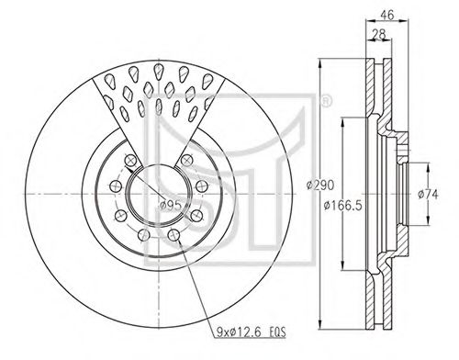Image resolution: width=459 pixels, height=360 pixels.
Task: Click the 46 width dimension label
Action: [x=387, y=15]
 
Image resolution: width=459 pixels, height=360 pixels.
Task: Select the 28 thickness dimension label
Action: [x=379, y=34]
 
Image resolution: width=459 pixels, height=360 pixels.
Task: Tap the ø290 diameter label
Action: [x=320, y=186]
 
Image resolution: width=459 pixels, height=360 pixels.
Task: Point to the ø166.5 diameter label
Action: [x=343, y=206]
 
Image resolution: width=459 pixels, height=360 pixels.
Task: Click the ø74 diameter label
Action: [x=429, y=194]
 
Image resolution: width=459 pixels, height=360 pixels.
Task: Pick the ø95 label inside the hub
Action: [x=171, y=205]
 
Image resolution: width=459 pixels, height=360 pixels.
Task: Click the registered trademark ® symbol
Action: [x=326, y=101]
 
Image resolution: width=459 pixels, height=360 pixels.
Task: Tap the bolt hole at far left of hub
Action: [x=116, y=186]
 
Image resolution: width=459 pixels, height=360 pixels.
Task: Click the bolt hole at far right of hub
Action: [x=202, y=186]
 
